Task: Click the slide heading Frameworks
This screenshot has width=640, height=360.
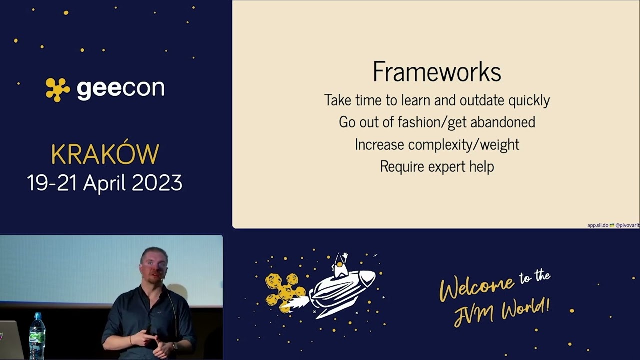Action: click(x=436, y=71)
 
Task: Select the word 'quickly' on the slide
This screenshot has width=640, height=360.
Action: click(x=529, y=100)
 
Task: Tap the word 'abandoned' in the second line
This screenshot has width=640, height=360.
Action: click(x=502, y=122)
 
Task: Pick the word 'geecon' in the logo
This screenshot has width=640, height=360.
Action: click(x=120, y=89)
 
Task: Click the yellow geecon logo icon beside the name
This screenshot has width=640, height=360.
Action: click(x=58, y=89)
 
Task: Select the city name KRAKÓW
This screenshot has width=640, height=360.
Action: click(x=105, y=155)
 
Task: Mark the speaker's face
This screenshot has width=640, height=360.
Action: click(x=154, y=265)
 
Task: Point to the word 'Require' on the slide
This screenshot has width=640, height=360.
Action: click(x=398, y=166)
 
